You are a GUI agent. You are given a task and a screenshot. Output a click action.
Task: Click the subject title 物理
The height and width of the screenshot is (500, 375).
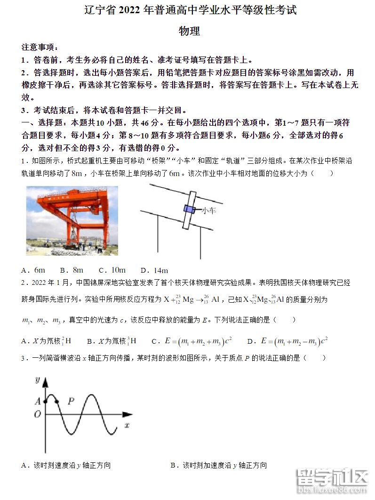190,31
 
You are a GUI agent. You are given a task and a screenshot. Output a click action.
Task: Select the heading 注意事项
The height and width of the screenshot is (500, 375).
40,47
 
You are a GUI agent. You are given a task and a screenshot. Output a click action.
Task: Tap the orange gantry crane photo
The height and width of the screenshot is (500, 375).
72,220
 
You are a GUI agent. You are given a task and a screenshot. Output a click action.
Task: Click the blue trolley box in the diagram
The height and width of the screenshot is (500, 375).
189,209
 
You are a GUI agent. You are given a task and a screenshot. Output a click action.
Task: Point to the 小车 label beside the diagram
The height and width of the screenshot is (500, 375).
208,211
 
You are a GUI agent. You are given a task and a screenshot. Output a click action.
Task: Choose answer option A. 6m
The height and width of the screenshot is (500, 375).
33,270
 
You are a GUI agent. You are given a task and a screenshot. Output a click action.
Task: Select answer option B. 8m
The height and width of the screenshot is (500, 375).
72,270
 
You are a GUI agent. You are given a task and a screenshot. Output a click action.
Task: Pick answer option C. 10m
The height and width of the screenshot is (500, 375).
112,270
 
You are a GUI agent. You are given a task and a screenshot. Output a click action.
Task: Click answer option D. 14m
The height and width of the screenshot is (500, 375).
154,270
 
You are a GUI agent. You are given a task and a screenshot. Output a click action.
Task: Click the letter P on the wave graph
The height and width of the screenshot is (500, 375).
71,401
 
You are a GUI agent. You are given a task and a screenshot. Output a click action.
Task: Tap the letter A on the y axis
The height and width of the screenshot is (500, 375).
37,402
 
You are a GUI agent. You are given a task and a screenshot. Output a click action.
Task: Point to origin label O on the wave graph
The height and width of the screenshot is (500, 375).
37,414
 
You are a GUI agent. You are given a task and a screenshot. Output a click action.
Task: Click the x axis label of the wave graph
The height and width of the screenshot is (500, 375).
127,425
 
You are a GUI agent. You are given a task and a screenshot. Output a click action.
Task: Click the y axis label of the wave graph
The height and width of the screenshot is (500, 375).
37,381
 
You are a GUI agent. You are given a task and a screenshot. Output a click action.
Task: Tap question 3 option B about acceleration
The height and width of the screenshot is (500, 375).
218,466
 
